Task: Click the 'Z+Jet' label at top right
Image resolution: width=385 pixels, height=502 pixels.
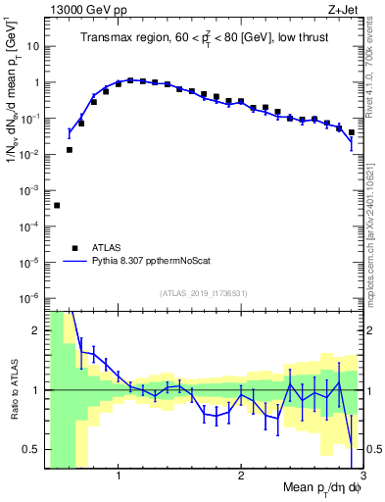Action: pos(344,9)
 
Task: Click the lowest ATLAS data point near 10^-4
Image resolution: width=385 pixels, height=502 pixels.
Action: pos(57,205)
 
